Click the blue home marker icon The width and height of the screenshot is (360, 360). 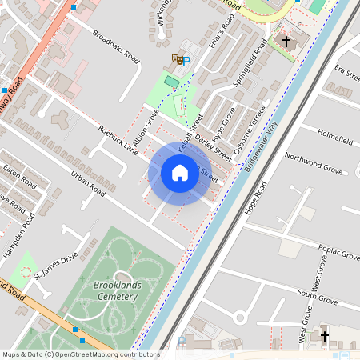[x=180, y=172]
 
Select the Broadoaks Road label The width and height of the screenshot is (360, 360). [x=116, y=48]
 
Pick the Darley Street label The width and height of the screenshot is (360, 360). [x=212, y=148]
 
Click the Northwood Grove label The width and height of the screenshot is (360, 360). [x=313, y=163]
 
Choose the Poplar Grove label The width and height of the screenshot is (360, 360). [x=338, y=249]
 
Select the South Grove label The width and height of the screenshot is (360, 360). [x=315, y=294]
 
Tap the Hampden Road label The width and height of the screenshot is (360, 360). [x=30, y=234]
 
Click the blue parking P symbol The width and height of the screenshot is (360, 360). [x=186, y=60]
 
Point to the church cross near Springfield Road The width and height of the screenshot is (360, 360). [x=286, y=40]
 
